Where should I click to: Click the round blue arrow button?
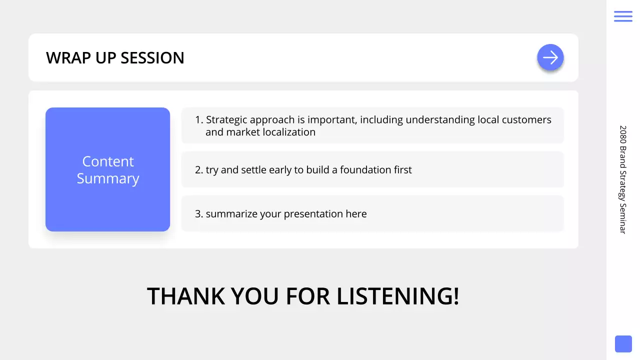[x=550, y=57]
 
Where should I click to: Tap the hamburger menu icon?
[x=623, y=16]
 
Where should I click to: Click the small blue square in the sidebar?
[x=623, y=344]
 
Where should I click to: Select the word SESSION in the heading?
[x=152, y=57]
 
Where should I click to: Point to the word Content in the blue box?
[x=108, y=161]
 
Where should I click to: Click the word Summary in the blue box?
[x=108, y=178]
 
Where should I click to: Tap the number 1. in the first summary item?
[x=199, y=119]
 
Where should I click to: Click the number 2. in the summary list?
[x=199, y=170]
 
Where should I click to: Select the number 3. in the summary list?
[x=199, y=214]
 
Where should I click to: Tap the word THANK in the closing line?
[x=186, y=296]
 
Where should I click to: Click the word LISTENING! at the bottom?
[x=398, y=296]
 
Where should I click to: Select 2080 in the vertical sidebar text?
[x=623, y=135]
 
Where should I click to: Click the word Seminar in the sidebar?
[x=623, y=219]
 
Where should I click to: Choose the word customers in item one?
[x=526, y=120]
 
